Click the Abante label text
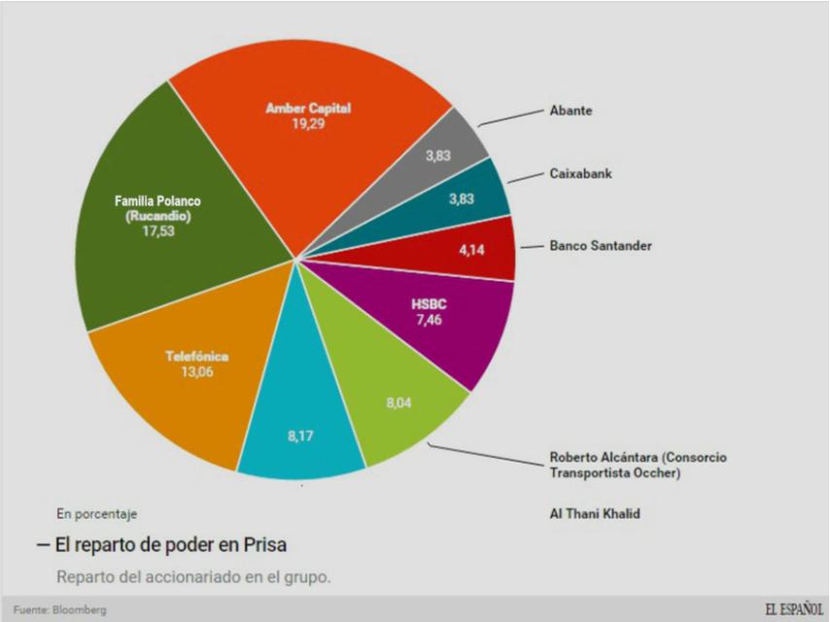tap(571, 111)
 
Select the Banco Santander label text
tap(600, 246)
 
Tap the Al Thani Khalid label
tap(595, 512)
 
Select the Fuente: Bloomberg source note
tap(59, 609)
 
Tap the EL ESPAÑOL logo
tap(793, 608)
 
